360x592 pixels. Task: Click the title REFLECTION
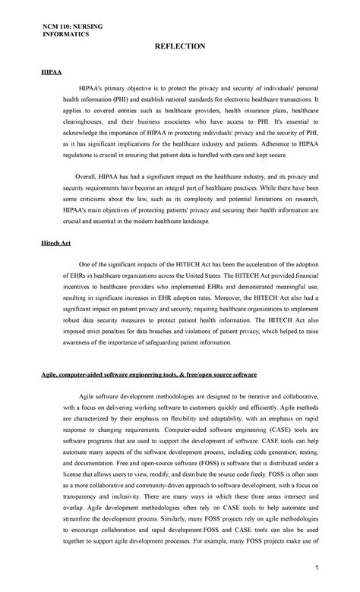click(x=180, y=46)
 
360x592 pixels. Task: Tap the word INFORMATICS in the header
click(x=65, y=35)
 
